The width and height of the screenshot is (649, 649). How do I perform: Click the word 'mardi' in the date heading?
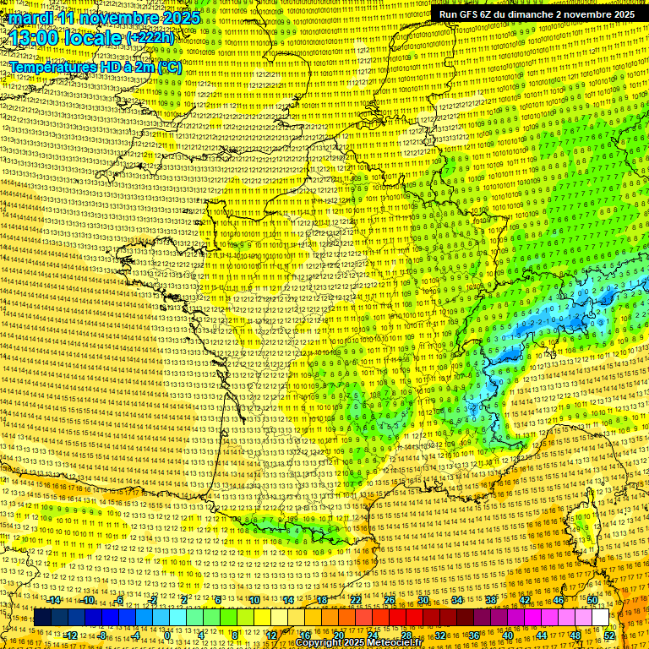pos(30,18)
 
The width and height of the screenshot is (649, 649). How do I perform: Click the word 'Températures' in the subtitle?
pos(52,66)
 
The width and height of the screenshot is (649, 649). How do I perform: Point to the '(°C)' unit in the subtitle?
pos(169,66)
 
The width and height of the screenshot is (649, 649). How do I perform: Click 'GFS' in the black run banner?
pos(470,14)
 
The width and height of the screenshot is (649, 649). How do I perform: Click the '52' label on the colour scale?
pos(608,635)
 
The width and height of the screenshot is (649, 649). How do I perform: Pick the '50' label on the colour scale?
pos(592,600)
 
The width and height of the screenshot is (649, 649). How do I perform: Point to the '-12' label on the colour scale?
pos(71,635)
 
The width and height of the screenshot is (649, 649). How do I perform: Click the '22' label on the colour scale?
pos(355,600)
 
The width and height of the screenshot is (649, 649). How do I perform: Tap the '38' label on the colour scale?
pos(490,600)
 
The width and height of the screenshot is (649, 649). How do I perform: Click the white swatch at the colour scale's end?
pos(600,618)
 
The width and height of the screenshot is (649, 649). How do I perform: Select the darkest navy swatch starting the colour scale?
pos(42,618)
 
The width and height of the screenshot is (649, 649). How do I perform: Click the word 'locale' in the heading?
pos(94,39)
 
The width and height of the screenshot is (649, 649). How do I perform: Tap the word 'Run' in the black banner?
pos(448,14)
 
